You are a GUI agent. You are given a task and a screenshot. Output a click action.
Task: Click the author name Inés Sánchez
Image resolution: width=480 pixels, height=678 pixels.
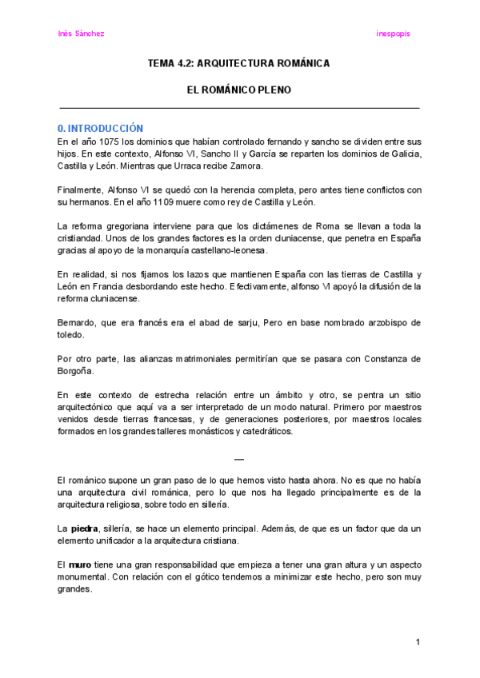[82, 34]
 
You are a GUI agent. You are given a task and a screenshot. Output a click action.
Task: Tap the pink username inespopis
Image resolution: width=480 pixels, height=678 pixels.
[393, 34]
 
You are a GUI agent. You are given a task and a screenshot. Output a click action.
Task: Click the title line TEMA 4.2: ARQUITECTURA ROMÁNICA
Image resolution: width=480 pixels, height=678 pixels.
[239, 62]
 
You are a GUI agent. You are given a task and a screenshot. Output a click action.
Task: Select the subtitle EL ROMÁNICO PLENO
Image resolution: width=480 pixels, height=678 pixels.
[239, 90]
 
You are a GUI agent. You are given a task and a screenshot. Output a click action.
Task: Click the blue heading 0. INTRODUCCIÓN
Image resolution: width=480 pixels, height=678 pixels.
[100, 128]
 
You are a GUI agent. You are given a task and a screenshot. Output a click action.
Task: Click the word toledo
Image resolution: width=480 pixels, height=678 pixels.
[70, 335]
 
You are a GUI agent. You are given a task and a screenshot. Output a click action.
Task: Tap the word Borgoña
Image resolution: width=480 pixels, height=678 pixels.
[77, 370]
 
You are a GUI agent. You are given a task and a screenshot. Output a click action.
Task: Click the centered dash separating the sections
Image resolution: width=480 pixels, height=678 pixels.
[238, 458]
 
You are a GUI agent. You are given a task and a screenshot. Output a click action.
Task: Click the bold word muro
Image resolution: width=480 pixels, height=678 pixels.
[80, 564]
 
